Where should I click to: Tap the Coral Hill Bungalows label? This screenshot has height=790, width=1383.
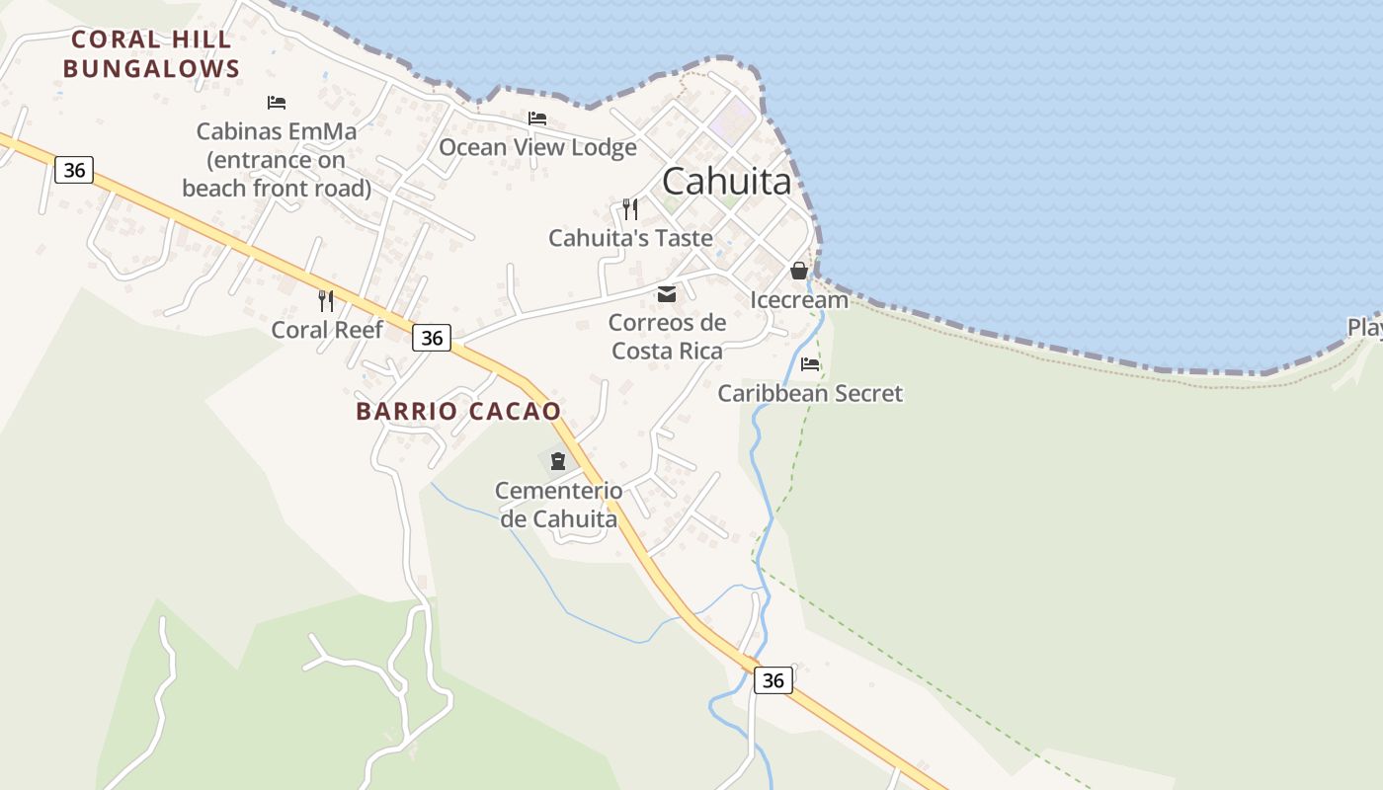[x=151, y=54]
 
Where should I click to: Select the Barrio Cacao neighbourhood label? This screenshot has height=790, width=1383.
[x=458, y=411]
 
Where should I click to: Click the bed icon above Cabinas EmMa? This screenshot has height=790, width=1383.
[x=277, y=102]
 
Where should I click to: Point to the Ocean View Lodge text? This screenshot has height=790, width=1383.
[x=537, y=147]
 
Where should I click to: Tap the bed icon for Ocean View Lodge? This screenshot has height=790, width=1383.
[x=537, y=118]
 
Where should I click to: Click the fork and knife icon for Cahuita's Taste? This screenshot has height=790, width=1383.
[x=630, y=208]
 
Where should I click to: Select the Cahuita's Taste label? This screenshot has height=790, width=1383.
[x=630, y=238]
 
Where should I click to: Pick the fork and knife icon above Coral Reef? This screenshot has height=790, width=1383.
[x=326, y=300]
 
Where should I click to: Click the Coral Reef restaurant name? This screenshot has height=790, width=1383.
[x=326, y=330]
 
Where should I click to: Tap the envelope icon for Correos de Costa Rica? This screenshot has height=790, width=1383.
[x=667, y=293]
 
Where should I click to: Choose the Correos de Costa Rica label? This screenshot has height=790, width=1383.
[x=667, y=337]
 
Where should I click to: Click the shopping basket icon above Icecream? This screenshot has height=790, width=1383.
[x=799, y=270]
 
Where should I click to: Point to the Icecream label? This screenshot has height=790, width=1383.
[x=799, y=300]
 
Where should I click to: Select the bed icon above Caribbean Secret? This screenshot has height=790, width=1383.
[x=810, y=363]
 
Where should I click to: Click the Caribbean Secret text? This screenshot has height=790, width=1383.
[x=810, y=393]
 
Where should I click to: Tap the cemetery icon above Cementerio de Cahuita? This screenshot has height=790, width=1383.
[x=558, y=460]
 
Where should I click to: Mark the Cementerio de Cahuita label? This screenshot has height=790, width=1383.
[x=558, y=505]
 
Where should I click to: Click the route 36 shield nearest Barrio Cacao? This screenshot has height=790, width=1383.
[x=432, y=338]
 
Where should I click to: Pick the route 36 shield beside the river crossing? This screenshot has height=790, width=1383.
[x=773, y=679]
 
